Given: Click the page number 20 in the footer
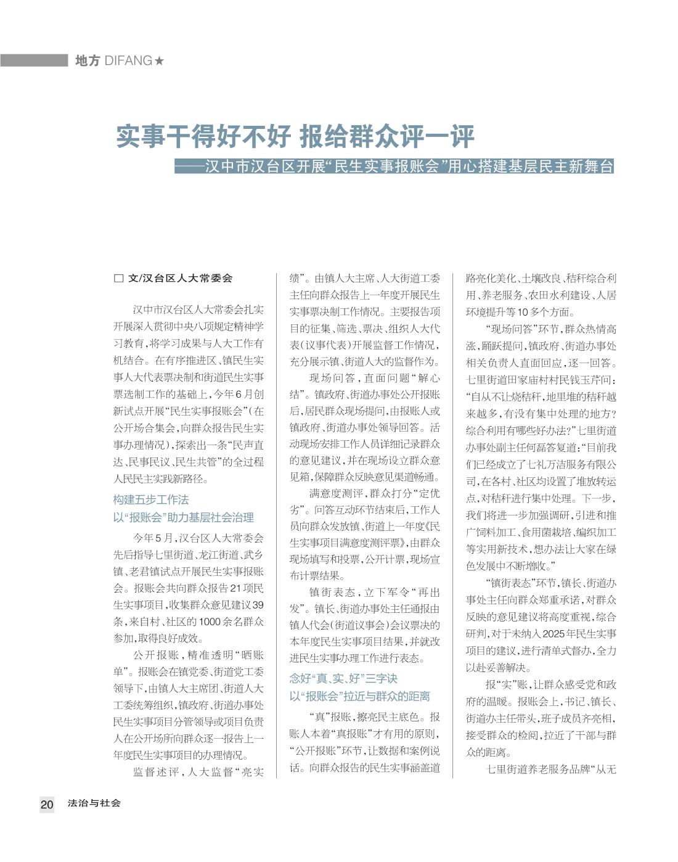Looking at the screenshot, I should coord(47,804).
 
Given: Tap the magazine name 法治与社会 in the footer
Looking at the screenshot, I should coord(94,803).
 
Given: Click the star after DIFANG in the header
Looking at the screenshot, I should coord(160,61).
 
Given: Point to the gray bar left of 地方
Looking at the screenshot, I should coord(34,60).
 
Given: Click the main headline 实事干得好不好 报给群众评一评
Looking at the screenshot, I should coord(295,138).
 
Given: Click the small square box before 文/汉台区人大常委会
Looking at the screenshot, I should coord(118,279).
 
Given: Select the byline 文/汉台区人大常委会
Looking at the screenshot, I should coord(180,279).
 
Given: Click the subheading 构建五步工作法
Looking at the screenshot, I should coord(151,499).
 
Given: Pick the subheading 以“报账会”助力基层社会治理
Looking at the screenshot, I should coord(184,517).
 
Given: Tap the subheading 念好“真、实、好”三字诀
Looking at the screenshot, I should coord(343,678).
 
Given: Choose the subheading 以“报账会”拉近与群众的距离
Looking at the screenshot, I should coord(360,696).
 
